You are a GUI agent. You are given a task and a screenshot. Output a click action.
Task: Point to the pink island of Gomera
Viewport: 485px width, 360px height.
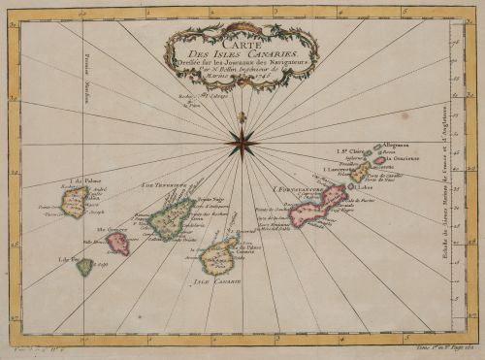tap(118, 243)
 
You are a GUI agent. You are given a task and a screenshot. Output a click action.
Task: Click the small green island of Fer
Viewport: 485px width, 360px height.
tap(85, 266)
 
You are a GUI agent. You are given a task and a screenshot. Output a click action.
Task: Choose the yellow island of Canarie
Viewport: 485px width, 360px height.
tap(218, 257)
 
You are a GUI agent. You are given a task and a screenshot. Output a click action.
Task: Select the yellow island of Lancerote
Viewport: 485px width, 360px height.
tap(361, 173)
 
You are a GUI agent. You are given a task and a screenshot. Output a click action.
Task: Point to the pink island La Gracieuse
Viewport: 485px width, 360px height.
tap(380, 160)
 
